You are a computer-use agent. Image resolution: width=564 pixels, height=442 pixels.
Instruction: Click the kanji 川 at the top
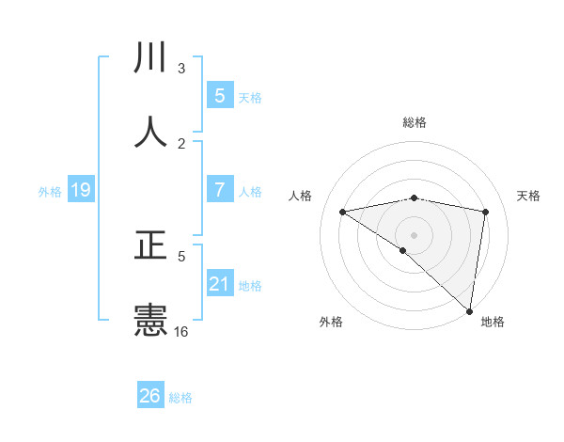click(151, 58)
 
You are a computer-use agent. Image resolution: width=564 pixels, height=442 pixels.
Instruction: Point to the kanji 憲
click(151, 321)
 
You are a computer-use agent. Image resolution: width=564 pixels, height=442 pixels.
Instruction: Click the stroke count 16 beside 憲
click(181, 332)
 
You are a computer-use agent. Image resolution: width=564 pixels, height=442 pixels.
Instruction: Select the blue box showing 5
click(220, 96)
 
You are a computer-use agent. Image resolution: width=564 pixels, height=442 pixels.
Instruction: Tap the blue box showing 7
click(220, 190)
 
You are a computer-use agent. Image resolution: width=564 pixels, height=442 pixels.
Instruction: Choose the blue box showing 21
click(220, 284)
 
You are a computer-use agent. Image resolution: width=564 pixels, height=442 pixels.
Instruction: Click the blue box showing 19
click(81, 191)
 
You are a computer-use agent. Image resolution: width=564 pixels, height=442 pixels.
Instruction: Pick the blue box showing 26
click(150, 396)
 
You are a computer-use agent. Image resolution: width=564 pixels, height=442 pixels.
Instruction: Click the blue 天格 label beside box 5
click(250, 98)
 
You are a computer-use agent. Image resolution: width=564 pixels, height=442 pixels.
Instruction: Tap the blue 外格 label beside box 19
click(50, 192)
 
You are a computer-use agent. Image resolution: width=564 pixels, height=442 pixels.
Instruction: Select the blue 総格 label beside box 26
click(180, 398)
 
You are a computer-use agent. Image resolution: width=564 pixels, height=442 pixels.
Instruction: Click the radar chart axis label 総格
click(415, 122)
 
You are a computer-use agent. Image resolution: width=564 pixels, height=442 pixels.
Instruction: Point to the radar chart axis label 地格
click(493, 322)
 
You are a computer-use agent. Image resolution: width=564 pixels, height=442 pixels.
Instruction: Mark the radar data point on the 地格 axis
click(470, 310)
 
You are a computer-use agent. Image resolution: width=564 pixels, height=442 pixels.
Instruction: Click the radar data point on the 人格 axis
click(342, 212)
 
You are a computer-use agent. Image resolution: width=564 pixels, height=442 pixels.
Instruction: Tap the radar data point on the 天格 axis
click(486, 212)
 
